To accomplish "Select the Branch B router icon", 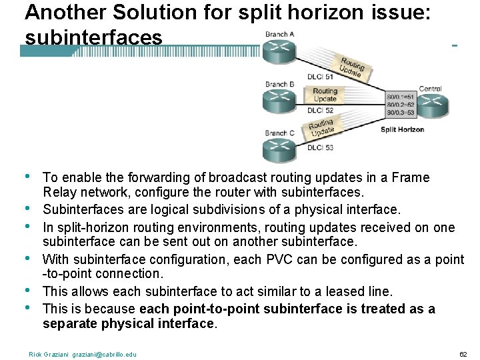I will [277, 101].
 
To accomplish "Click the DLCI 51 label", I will [321, 77].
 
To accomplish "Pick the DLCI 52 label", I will [325, 109].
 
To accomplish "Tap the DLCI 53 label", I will [321, 147].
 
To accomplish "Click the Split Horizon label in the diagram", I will [403, 129].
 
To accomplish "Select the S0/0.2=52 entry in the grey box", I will [400, 104].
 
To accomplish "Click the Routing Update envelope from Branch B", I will [325, 95].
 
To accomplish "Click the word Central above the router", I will [430, 89].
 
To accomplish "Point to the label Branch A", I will [279, 34].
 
